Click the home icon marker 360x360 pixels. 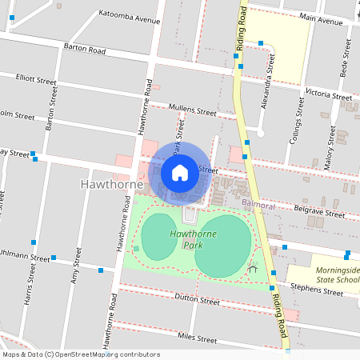[x=180, y=172]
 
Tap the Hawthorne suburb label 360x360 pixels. [x=112, y=185]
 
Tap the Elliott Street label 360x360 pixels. [x=36, y=80]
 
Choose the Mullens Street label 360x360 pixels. [x=193, y=110]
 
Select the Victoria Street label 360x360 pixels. [x=328, y=94]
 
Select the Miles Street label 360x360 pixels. [x=197, y=339]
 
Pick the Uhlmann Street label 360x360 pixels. [x=24, y=257]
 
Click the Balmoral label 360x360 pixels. [x=258, y=206]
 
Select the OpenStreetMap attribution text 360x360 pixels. [x=80, y=354]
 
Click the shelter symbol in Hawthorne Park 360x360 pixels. [x=254, y=268]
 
